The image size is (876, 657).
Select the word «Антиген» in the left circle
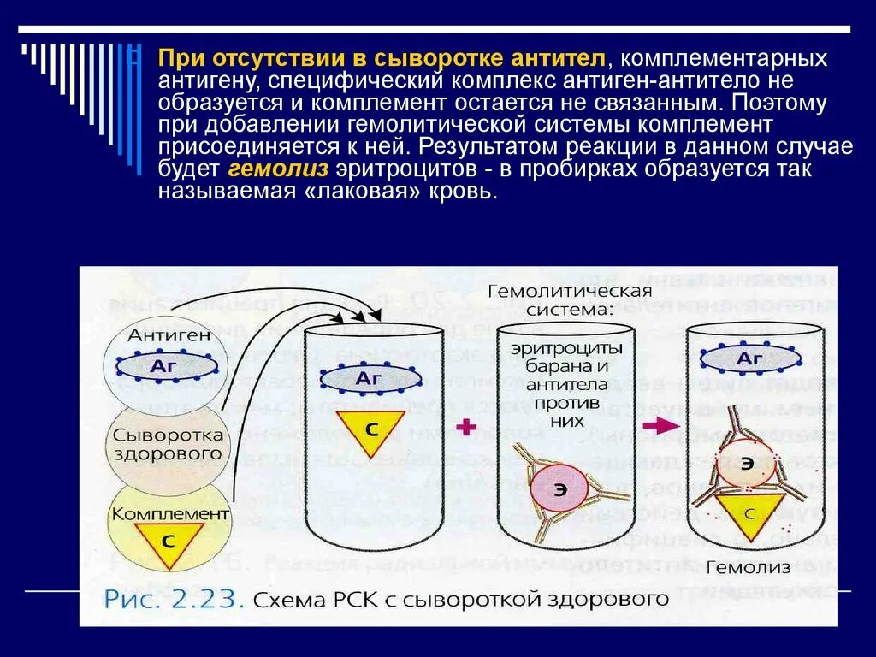(x=169, y=334)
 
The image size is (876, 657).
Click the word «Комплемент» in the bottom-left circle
(x=170, y=513)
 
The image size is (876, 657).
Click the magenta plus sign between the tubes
(x=466, y=427)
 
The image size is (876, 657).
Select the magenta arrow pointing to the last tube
(x=657, y=425)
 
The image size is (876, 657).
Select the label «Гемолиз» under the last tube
(x=743, y=567)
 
